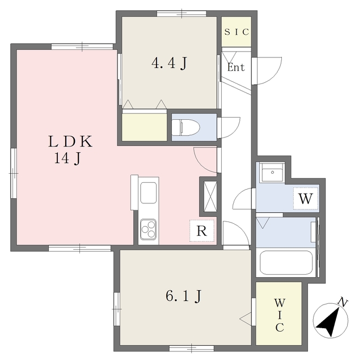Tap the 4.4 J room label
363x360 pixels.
click(168, 64)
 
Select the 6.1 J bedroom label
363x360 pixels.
click(184, 296)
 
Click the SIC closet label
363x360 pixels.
click(236, 32)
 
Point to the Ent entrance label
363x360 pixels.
click(236, 68)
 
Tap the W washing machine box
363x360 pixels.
click(306, 199)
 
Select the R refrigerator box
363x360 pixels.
click(202, 231)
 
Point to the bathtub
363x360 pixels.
click(286, 262)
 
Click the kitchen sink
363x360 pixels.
click(149, 192)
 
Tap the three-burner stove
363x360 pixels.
click(149, 229)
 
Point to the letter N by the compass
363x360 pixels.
click(342, 302)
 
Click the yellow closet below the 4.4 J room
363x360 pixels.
click(145, 126)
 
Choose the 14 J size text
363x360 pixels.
click(67, 159)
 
